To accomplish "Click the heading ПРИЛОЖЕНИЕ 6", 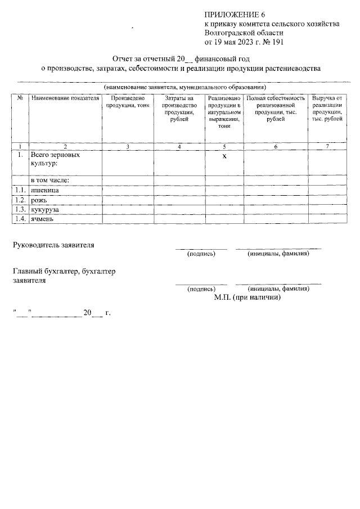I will point(233,14).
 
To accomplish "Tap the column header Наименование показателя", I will point(65,98).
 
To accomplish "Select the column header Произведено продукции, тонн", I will point(127,102).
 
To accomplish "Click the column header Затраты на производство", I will point(179,105).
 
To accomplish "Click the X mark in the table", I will point(224,156).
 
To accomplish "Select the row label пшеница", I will point(46,191).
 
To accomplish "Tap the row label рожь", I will point(40,200).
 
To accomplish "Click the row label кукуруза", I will point(47,209).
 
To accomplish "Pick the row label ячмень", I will point(43,219).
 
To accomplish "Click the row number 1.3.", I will point(20,209).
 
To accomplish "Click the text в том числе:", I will point(50,180).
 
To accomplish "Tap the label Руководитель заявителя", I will point(54,245).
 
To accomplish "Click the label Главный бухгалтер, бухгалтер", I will point(64,272).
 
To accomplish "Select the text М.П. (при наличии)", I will point(247,297).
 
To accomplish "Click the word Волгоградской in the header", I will point(228,33).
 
